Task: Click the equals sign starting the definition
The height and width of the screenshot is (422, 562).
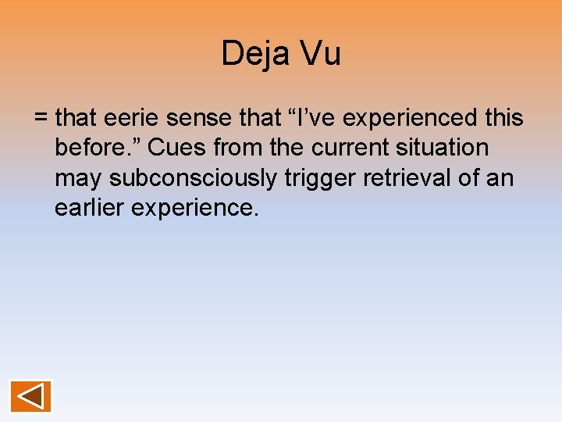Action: click(41, 119)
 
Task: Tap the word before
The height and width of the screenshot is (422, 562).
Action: click(98, 148)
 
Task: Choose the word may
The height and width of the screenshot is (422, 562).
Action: click(79, 178)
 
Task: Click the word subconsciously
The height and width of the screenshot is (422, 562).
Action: click(193, 178)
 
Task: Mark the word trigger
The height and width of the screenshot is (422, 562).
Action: click(322, 178)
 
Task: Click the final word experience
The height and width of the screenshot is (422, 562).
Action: click(200, 209)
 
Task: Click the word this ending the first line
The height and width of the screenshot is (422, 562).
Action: click(503, 118)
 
